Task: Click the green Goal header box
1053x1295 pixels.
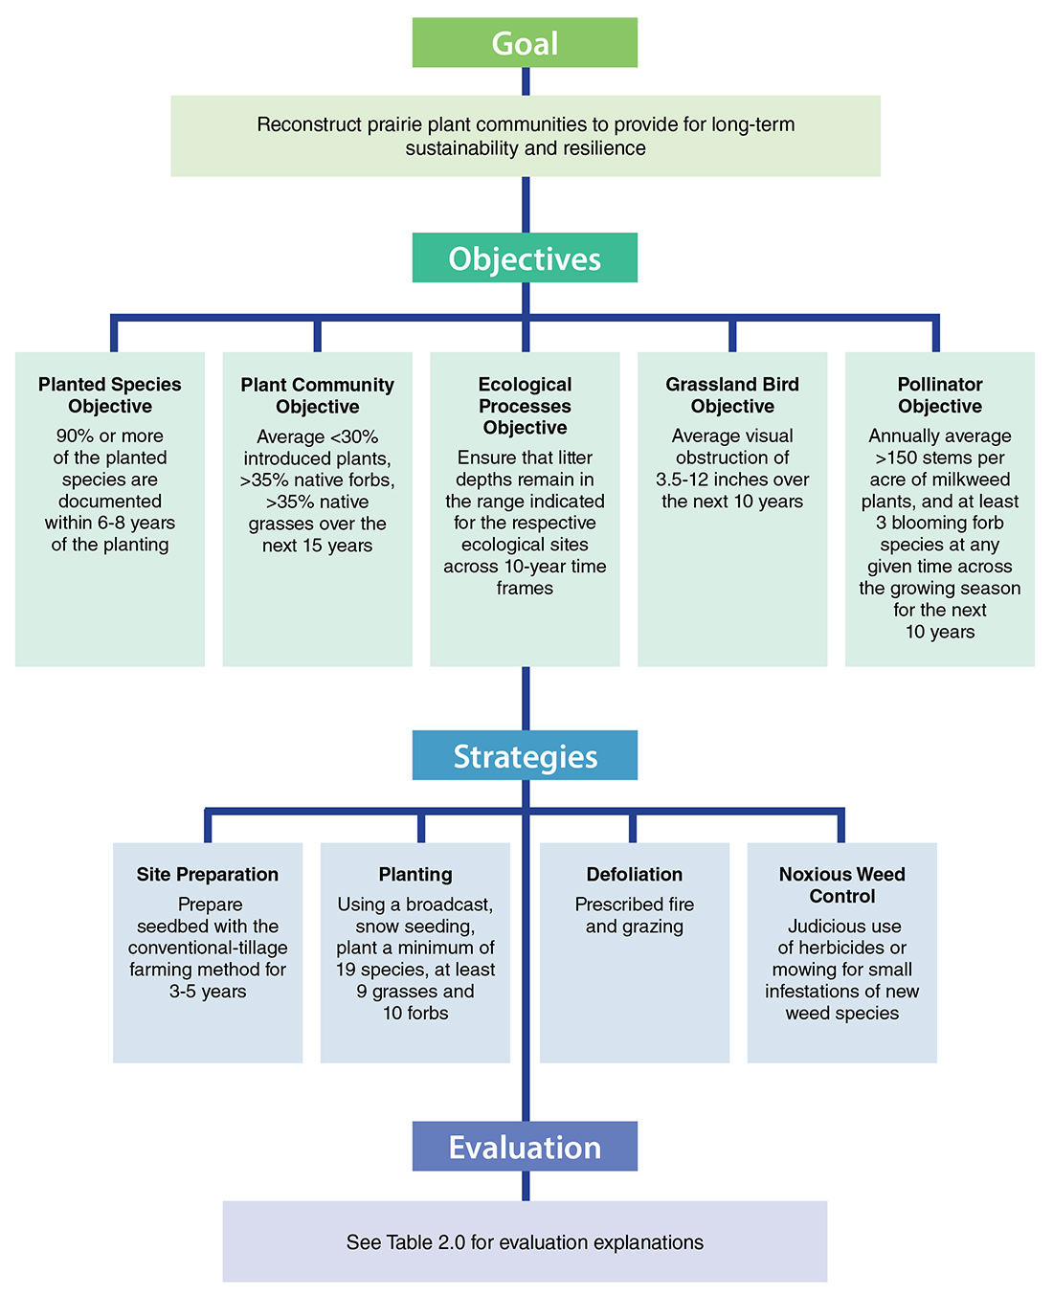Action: (x=525, y=43)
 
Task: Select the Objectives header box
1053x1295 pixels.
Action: (x=525, y=258)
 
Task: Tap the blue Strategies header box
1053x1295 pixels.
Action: (x=525, y=756)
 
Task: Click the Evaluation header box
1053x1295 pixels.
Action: (x=525, y=1147)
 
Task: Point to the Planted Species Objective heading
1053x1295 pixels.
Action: (x=110, y=395)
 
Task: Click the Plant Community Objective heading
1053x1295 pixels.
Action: (x=317, y=395)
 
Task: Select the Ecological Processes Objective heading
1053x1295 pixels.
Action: (x=525, y=406)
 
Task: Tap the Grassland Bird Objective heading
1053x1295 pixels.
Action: (x=732, y=395)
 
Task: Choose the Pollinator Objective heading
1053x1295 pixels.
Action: (x=940, y=395)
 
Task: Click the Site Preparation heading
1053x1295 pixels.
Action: (x=208, y=874)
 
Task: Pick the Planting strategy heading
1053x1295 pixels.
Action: (x=415, y=874)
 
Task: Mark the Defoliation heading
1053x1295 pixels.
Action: (x=635, y=874)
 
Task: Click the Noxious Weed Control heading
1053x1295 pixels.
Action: (x=842, y=884)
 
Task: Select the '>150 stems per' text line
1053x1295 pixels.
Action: (x=940, y=458)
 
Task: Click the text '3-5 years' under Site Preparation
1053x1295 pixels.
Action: (x=208, y=992)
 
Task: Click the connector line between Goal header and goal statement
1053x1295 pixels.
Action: (x=526, y=81)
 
